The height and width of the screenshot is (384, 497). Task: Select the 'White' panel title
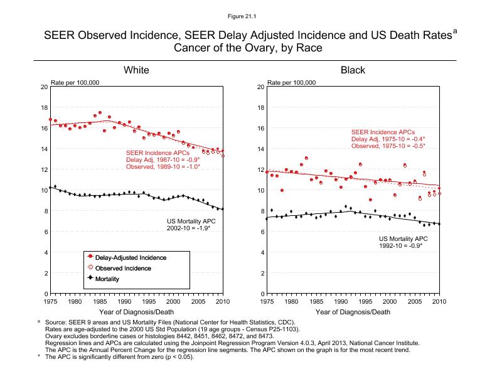(136, 70)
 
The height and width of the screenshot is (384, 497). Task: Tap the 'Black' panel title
(353, 70)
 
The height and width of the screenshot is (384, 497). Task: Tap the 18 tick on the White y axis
(44, 107)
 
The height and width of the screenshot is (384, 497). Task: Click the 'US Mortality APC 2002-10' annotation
(188, 225)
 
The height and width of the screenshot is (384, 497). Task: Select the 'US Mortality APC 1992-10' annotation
(403, 242)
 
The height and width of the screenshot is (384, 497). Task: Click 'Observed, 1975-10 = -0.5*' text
(388, 146)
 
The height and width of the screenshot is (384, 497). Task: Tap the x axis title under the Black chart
(353, 312)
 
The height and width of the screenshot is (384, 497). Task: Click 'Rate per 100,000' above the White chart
(75, 83)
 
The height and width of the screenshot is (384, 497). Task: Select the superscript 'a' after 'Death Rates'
(455, 30)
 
